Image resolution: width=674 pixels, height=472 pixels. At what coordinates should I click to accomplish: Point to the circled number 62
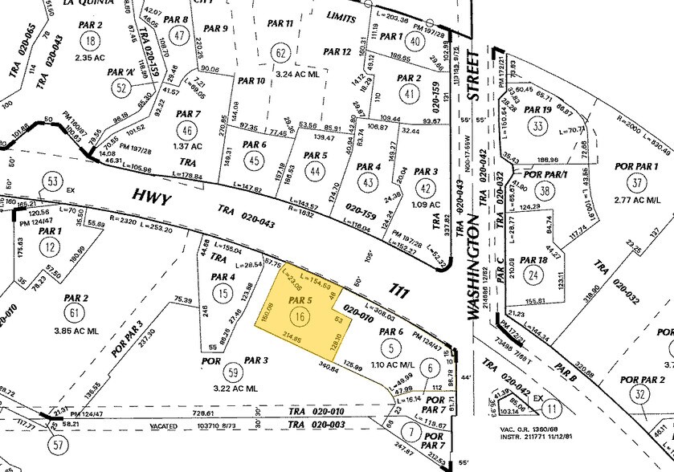(280, 54)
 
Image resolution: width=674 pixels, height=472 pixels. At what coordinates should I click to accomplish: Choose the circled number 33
(537, 126)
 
